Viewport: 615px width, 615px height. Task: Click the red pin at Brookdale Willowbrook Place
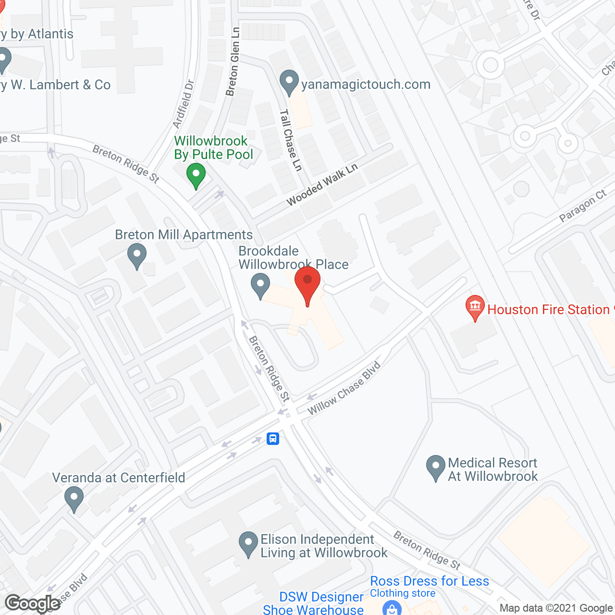(307, 283)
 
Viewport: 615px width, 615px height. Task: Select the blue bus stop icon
(273, 438)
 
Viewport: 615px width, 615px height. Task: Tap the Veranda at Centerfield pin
(74, 498)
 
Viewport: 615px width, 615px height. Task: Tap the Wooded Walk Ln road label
(322, 184)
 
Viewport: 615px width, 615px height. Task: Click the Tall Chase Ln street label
(291, 140)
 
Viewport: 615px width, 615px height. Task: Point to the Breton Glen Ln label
(233, 62)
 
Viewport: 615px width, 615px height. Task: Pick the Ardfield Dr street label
(183, 104)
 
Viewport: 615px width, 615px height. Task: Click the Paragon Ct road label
(583, 206)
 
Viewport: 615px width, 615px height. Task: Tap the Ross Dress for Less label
(430, 581)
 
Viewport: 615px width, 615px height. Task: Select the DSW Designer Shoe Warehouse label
(317, 603)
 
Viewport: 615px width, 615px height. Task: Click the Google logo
(33, 603)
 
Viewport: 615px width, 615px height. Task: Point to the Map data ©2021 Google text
(556, 608)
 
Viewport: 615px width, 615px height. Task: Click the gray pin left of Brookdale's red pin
(260, 285)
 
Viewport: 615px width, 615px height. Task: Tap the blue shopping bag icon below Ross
(392, 608)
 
